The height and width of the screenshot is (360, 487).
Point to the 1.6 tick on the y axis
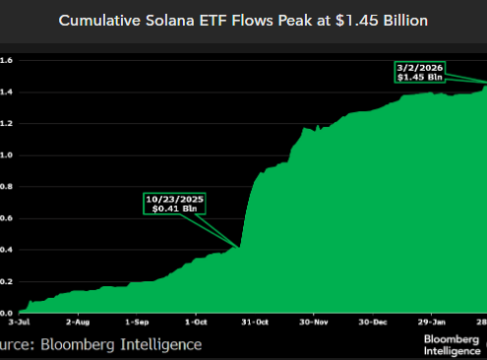click(x=5, y=60)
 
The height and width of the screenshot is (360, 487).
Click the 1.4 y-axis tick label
click(x=5, y=91)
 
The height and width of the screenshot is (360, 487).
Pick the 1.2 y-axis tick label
click(x=5, y=124)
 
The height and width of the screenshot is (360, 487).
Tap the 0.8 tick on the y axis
click(x=5, y=187)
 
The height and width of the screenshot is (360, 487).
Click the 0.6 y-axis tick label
click(x=5, y=218)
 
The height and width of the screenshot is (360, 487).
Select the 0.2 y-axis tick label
click(x=5, y=282)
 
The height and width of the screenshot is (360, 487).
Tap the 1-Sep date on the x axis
click(x=136, y=323)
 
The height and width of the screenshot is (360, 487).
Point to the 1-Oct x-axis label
click(x=197, y=323)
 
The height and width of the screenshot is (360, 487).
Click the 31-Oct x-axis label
click(x=256, y=323)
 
